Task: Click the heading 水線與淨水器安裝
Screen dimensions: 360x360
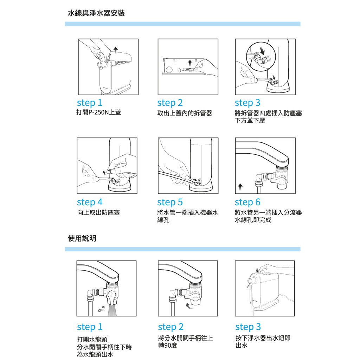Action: coord(96,13)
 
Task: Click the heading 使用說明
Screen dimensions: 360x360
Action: coord(82,238)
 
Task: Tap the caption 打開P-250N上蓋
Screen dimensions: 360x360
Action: coord(99,112)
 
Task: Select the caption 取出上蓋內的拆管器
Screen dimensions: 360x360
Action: coord(185,113)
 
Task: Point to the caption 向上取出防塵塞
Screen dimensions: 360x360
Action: coord(98,212)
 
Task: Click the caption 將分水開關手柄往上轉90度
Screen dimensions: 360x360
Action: coord(186,342)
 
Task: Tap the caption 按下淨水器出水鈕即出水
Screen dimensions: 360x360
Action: coord(263,342)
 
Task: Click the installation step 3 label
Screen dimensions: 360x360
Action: coord(247,103)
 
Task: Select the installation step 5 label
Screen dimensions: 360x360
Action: coord(170,202)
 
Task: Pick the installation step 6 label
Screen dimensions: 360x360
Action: coord(247,202)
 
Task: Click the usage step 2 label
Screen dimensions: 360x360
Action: coord(171,327)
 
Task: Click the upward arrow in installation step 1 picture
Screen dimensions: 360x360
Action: coord(116,50)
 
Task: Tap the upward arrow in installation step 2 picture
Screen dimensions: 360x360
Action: coord(189,63)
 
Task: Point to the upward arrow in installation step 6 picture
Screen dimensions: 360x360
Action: coord(240,187)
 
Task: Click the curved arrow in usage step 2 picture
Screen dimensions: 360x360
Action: coord(189,306)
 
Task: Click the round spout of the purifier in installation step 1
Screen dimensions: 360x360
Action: coord(101,65)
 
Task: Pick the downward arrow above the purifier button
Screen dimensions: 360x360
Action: coord(257,270)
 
